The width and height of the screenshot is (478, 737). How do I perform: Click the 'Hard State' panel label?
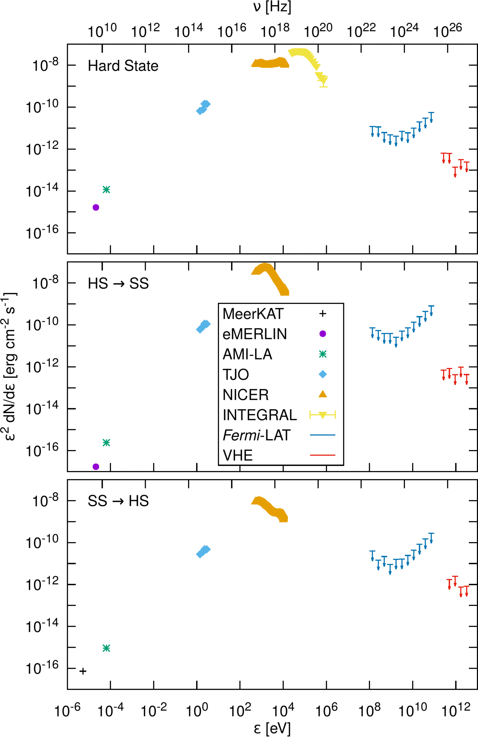tap(123, 66)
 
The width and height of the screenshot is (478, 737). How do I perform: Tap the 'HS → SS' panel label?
tap(118, 284)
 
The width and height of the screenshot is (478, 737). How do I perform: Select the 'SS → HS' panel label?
tap(118, 501)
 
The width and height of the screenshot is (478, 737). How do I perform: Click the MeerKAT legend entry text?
tap(253, 314)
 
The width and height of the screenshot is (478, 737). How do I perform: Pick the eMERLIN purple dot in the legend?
tap(322, 334)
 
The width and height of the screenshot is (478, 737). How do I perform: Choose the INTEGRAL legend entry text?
tap(260, 415)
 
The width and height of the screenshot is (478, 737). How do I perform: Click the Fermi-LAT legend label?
tap(257, 435)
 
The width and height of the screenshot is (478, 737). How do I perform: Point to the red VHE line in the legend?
tap(322, 455)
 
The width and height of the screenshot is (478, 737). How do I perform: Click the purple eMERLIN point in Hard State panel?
tap(96, 208)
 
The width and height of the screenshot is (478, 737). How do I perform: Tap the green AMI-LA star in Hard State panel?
tap(106, 189)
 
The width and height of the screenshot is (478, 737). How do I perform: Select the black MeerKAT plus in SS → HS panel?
tap(83, 671)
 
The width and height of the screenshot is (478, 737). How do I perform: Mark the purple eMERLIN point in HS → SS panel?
tap(96, 467)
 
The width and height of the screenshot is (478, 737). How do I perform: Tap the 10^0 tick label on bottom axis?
tap(197, 710)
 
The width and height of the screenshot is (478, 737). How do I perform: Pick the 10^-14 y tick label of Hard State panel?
tap(42, 191)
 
